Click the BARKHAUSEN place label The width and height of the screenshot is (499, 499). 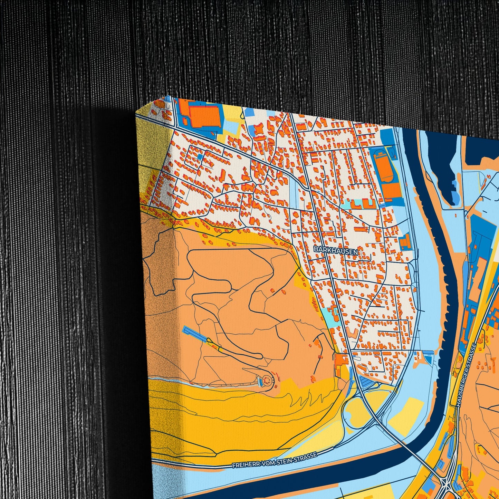point(336,251)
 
